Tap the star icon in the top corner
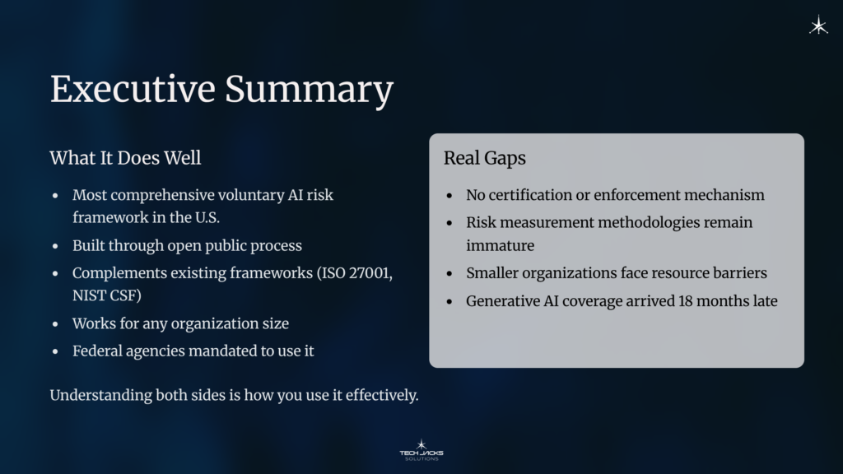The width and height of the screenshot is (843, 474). pos(818,26)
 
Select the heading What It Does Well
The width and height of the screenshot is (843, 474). pos(125,158)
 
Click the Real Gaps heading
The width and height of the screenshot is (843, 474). pos(485,158)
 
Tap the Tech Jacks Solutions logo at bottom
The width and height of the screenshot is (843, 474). pos(421,450)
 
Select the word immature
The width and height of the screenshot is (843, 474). pos(500,246)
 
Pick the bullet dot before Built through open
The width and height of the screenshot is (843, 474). pos(55,247)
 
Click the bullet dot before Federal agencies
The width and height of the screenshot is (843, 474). pos(55,351)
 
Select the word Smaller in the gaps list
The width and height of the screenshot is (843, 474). pos(493,273)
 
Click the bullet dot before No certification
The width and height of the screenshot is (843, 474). pos(449,197)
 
